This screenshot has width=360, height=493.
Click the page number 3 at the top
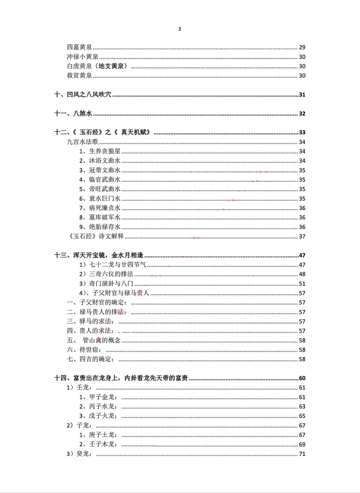[180, 29]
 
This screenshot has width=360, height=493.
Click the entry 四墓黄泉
[79, 47]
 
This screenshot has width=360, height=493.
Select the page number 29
[302, 47]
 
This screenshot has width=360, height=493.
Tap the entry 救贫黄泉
[79, 76]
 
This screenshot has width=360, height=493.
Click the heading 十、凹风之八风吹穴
[82, 95]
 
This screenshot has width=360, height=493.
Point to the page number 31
[302, 95]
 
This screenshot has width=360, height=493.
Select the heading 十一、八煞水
[73, 114]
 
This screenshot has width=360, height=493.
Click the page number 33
[302, 132]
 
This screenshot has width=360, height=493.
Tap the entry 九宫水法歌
[83, 142]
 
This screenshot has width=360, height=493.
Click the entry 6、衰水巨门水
[100, 198]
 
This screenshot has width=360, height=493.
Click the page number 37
[302, 236]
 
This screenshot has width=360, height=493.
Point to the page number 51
[302, 284]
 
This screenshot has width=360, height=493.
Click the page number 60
[302, 378]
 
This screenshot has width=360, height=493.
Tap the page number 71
[302, 454]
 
